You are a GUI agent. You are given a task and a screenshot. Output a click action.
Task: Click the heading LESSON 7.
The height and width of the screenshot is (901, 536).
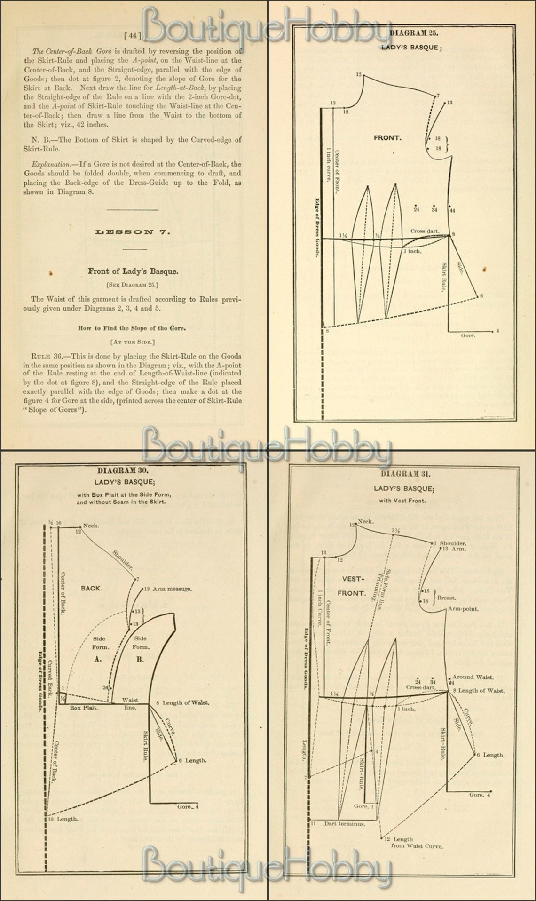133,231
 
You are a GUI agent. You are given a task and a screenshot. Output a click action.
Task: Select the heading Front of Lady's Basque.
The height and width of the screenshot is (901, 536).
133,271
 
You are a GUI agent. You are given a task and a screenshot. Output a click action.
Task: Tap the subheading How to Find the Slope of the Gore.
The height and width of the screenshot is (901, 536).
132,328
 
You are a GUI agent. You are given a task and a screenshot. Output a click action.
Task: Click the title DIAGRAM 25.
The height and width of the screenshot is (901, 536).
414,33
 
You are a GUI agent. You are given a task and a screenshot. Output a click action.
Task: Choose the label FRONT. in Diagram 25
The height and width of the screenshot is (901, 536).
387,138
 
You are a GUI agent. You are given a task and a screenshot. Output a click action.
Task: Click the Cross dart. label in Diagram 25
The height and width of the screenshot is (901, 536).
425,231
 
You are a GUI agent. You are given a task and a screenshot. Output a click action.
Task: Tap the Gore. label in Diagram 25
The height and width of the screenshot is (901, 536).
468,335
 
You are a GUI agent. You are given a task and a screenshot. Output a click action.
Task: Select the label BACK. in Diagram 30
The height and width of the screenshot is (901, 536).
92,588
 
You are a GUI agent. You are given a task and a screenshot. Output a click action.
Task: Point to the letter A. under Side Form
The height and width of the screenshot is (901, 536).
98,659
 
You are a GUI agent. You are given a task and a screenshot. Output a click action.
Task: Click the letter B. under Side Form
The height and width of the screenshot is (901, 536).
140,659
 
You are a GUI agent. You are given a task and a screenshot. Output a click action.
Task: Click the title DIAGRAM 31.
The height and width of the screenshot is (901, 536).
405,474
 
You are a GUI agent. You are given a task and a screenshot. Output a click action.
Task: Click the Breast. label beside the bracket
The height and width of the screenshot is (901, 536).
446,598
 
